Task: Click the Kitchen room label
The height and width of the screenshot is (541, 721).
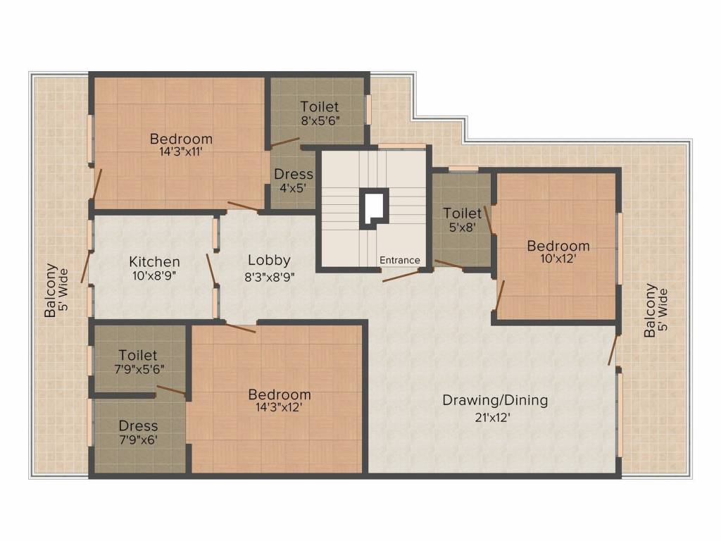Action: coord(154,261)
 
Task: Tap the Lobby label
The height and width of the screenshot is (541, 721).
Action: coord(269,260)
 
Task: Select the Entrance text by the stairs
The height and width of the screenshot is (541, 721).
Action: coord(399,261)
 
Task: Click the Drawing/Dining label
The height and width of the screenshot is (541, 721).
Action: coord(494,401)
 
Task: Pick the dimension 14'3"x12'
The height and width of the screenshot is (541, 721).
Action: coord(279,408)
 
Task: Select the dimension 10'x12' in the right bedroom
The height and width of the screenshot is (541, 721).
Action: coord(558,259)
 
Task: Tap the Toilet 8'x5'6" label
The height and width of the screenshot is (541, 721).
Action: coord(319,113)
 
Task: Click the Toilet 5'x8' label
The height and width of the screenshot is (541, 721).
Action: coord(462,219)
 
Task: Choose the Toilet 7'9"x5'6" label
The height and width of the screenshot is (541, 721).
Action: coord(138,361)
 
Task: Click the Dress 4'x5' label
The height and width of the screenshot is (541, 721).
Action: coord(294,180)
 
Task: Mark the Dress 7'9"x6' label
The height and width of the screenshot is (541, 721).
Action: coord(138,432)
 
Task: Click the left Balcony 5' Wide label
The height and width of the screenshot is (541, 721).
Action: coord(56,290)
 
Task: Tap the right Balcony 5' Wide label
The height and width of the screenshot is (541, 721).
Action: coord(656,311)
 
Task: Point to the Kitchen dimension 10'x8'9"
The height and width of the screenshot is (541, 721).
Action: coord(154,276)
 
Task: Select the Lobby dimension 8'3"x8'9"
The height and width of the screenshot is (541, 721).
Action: coord(269,276)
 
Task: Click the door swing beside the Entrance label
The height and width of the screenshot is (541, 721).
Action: coord(401,274)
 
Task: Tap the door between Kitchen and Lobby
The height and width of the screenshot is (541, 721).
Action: coord(211,270)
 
